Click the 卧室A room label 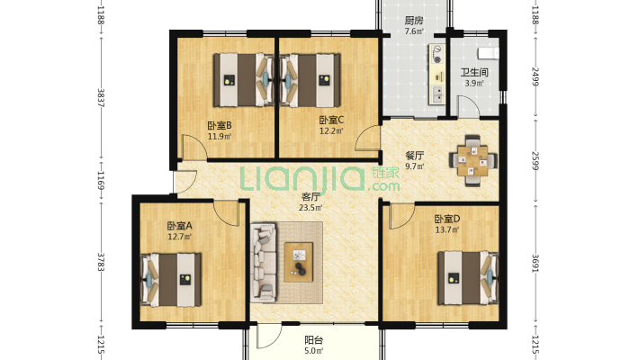click(x=179, y=226)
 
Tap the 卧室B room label click(x=220, y=125)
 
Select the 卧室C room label click(x=331, y=120)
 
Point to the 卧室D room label click(x=447, y=219)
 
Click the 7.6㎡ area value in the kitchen click(x=414, y=31)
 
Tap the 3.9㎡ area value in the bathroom click(x=474, y=83)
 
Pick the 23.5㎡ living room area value click(x=310, y=208)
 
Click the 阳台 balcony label click(x=314, y=340)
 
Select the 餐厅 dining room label click(x=415, y=156)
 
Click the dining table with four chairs click(x=472, y=160)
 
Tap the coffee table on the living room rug click(x=299, y=262)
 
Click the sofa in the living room click(x=264, y=263)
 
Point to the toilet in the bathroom click(x=489, y=52)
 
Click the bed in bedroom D click(x=468, y=278)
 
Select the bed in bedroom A click(x=171, y=280)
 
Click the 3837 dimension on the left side click(x=101, y=98)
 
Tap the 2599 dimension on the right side click(x=535, y=160)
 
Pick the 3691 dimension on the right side click(x=535, y=264)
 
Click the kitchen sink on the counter click(x=437, y=94)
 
